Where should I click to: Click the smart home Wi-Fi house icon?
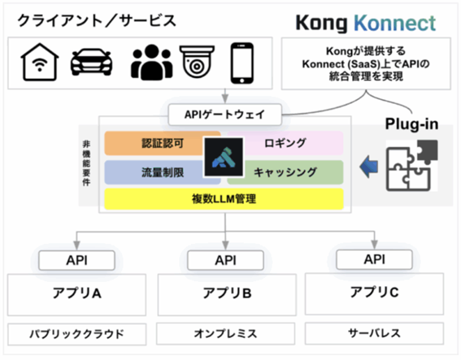point(40,62)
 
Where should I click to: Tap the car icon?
point(91,63)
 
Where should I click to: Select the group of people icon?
point(151,63)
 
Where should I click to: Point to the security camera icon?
point(197,62)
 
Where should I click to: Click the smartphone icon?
point(242,63)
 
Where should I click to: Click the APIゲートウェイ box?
point(225,115)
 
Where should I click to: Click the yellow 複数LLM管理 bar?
point(224,199)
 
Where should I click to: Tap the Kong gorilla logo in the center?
point(224,157)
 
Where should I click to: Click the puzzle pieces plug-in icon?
point(411,166)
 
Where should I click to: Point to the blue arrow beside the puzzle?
point(368,167)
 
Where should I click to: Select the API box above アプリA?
point(76,260)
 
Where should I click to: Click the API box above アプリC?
point(374,259)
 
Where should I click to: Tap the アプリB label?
point(227,293)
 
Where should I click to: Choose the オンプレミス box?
point(225,333)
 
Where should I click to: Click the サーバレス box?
point(374,333)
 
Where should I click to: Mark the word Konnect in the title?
point(395,23)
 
